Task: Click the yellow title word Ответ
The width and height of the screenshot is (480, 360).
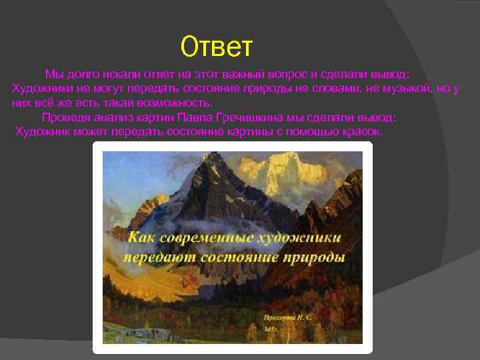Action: click(217, 47)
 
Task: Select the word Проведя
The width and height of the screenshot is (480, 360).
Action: click(63, 118)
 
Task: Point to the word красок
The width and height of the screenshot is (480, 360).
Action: click(361, 132)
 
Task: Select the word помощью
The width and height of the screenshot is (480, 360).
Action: click(312, 132)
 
